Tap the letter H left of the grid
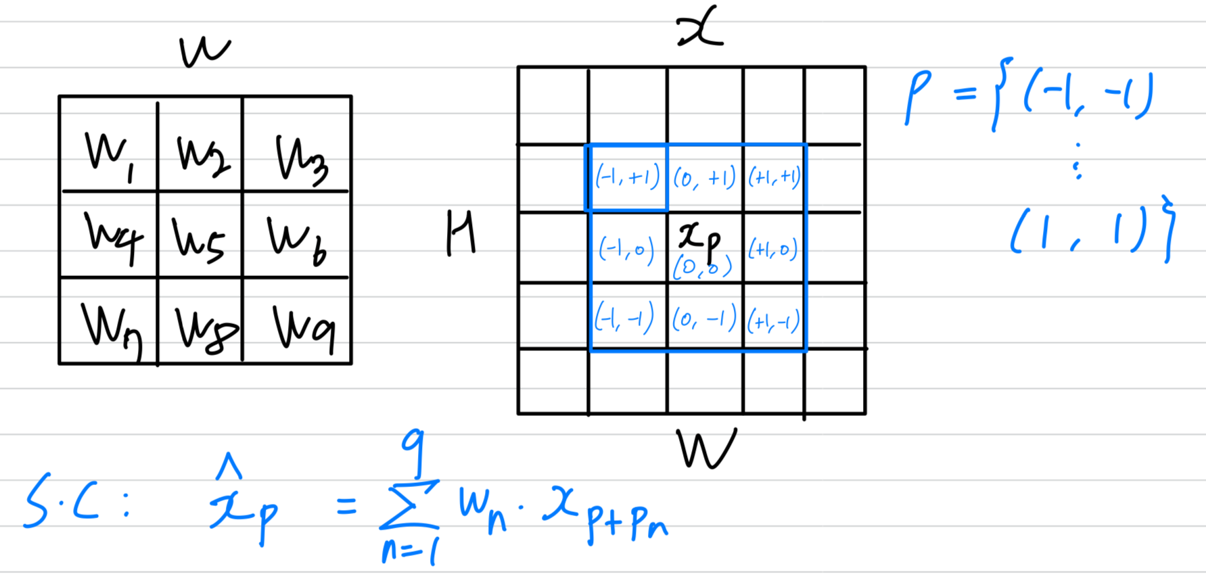coord(461,233)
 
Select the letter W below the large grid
coord(705,448)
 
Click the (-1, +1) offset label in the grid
coord(627,177)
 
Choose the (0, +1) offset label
coord(704,179)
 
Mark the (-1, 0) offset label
coord(626,250)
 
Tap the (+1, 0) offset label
coord(773,250)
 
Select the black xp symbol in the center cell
coord(699,238)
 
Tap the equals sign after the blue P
coord(965,93)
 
